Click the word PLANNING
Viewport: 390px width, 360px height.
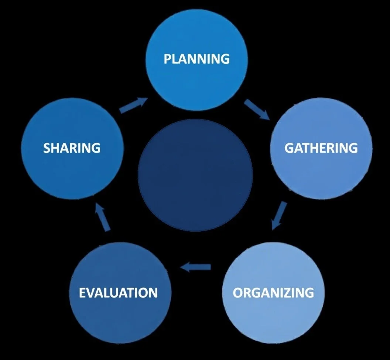(x=196, y=59)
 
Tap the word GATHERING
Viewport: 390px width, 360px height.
(x=321, y=148)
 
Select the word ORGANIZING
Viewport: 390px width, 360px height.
(x=273, y=293)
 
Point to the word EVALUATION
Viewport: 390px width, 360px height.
(x=118, y=293)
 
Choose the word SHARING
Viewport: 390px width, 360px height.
(x=72, y=148)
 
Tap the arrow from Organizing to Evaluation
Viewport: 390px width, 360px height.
(x=195, y=266)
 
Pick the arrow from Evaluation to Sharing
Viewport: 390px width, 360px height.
(x=103, y=218)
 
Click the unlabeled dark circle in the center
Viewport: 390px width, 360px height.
(x=195, y=175)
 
